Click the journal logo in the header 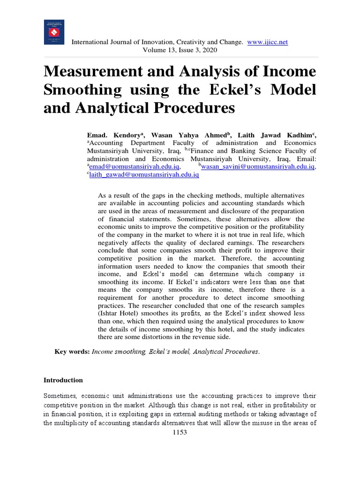tap(54, 32)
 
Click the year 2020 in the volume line tap(209, 50)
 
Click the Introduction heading tap(63, 380)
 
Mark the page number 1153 tap(180, 432)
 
